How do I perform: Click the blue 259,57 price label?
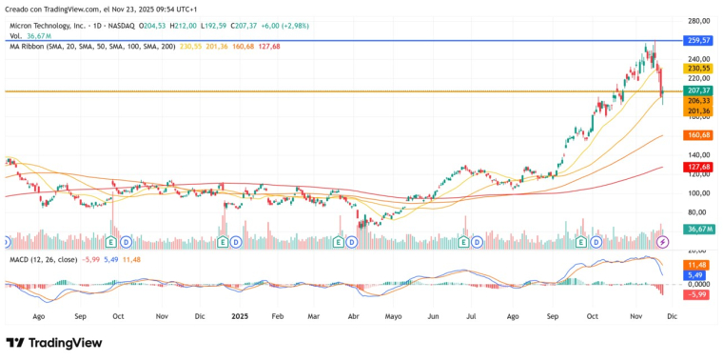pos(699,41)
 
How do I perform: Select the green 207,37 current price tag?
pos(699,90)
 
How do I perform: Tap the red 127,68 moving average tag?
pos(699,167)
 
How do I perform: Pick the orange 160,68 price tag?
pos(699,135)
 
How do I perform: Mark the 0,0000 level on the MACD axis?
pos(699,284)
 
